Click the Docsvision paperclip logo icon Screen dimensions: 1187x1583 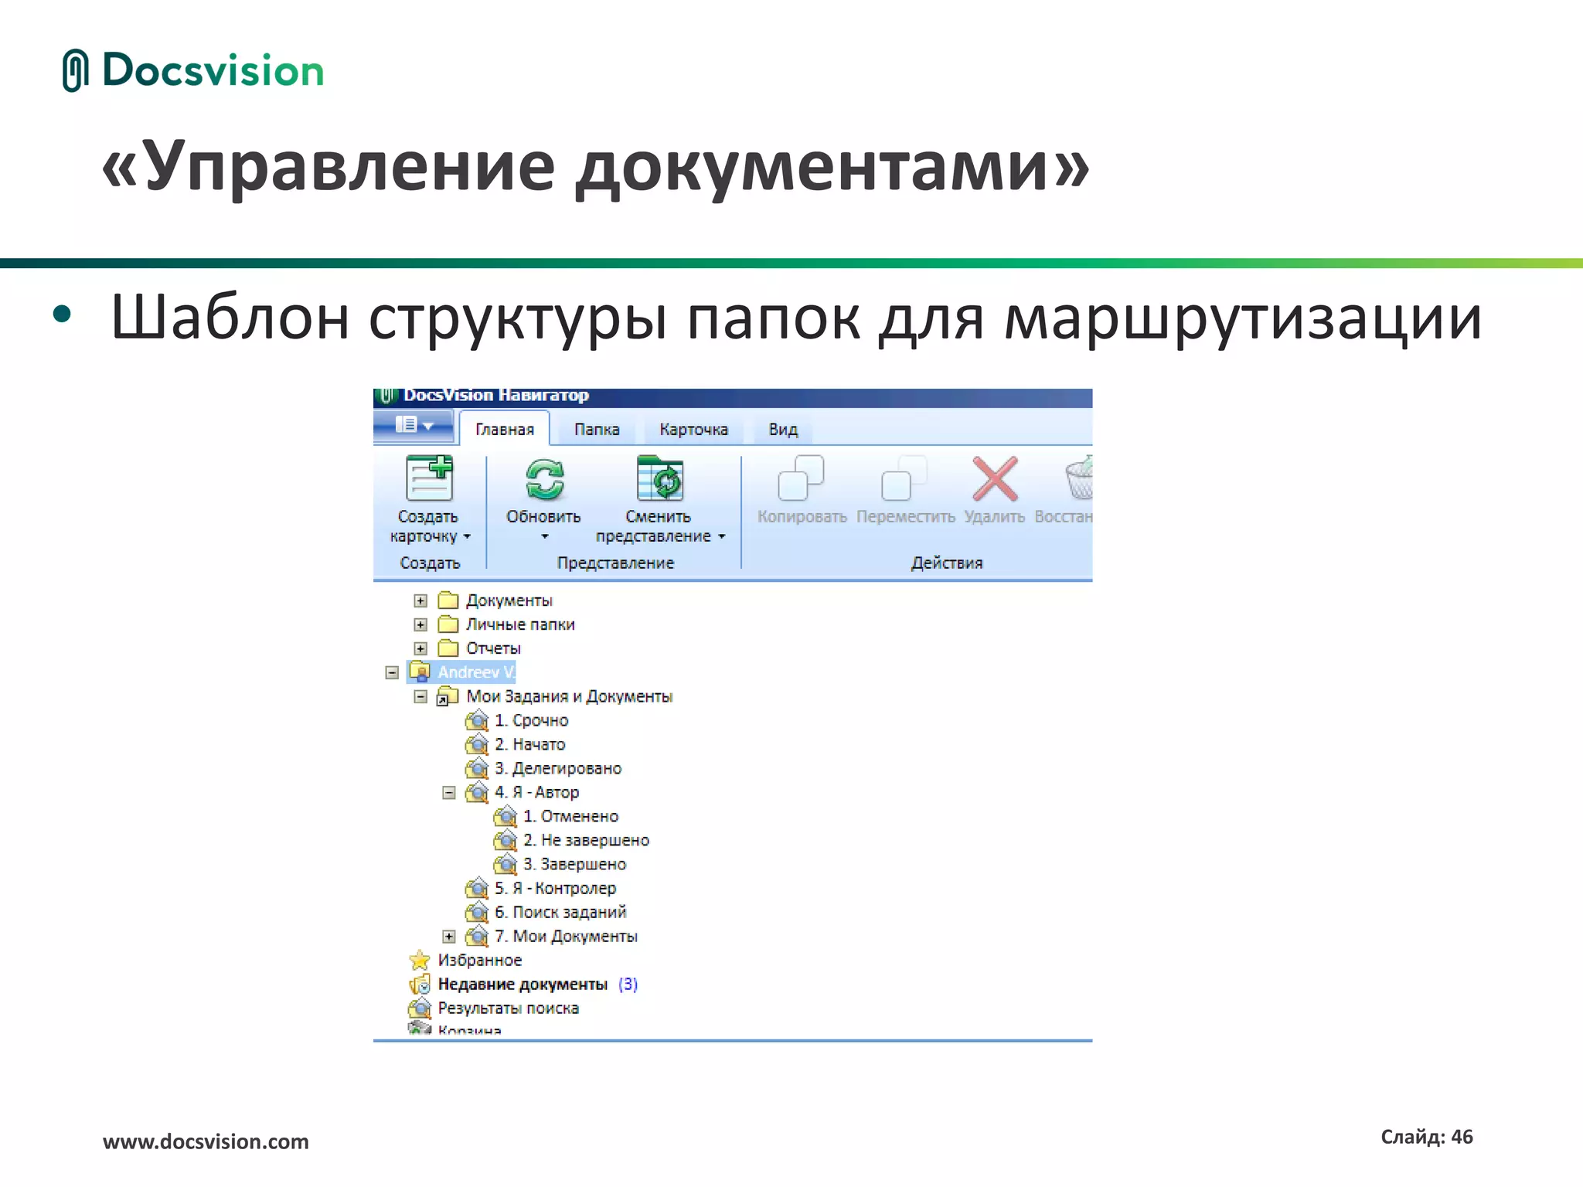[75, 70]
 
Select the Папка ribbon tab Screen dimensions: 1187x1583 [597, 430]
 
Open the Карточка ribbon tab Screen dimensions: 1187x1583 [693, 430]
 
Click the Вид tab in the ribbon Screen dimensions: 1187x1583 [782, 430]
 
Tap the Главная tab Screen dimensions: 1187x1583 [505, 430]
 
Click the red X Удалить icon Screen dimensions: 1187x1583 [995, 479]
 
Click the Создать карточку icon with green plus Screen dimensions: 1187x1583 [430, 479]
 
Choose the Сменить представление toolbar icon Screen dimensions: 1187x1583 [659, 479]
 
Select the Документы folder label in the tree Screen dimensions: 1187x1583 [509, 600]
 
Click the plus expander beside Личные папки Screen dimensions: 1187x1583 [420, 624]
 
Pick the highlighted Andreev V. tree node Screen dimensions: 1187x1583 [475, 672]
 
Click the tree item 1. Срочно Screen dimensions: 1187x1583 [532, 720]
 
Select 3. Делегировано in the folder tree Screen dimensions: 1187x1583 [558, 768]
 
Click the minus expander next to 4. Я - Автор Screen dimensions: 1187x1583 [449, 793]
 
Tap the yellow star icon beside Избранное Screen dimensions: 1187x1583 [420, 960]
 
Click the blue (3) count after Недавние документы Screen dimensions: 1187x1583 [628, 985]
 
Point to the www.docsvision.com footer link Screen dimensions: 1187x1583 [206, 1141]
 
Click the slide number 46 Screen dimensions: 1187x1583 [1462, 1137]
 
